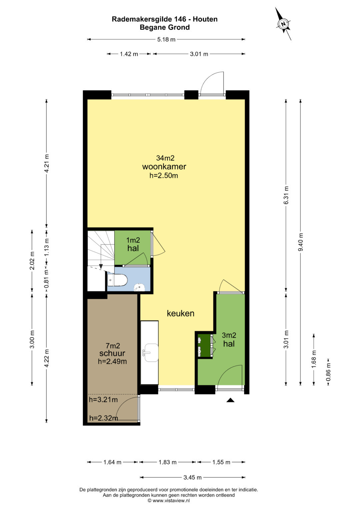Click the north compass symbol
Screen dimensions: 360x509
point(283,24)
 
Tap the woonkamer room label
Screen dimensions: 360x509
point(164,167)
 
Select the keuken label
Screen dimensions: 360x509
point(181,313)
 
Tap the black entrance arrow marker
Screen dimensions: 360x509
point(230,400)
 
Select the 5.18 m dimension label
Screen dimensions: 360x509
point(166,40)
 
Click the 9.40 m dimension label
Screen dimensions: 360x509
point(301,242)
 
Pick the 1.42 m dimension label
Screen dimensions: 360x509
point(129,54)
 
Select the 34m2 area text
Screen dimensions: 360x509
point(165,158)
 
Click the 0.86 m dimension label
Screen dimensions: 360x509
point(328,372)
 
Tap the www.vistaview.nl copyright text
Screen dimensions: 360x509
point(169,501)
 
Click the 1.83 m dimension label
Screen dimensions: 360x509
point(167,462)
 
